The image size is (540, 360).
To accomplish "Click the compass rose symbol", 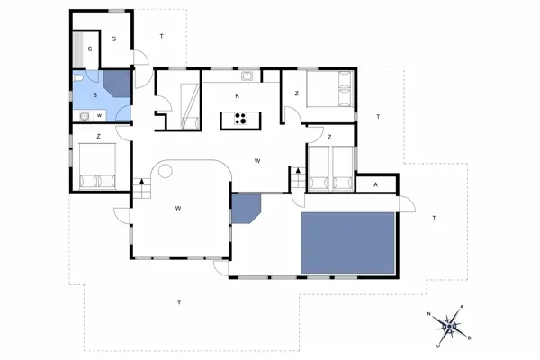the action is tap(450, 326).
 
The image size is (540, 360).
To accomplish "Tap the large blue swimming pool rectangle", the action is tap(347, 243).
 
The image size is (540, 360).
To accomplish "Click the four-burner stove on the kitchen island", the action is tap(240, 118).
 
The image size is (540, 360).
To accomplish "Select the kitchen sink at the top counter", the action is tap(247, 76).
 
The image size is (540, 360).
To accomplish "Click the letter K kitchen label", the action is tap(238, 96).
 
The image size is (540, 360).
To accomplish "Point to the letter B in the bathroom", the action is tap(95, 95).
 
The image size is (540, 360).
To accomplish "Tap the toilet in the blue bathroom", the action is tap(77, 78).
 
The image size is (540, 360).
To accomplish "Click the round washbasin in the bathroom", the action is tap(85, 116).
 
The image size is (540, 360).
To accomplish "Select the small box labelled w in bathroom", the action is tap(100, 116).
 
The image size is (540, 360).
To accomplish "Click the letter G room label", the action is tap(113, 39).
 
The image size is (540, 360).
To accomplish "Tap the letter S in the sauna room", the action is tap(90, 49).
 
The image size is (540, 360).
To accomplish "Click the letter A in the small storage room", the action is tap(375, 184).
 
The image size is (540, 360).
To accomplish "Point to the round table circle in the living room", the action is tap(166, 171).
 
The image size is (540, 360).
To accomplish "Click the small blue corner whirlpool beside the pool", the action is tap(246, 209).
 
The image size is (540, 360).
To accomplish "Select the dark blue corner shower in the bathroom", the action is tap(117, 84).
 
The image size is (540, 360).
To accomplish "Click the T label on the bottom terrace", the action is tap(179, 302).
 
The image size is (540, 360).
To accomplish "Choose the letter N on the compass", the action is tap(429, 314).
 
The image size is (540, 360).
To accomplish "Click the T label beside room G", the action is tap(161, 36).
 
